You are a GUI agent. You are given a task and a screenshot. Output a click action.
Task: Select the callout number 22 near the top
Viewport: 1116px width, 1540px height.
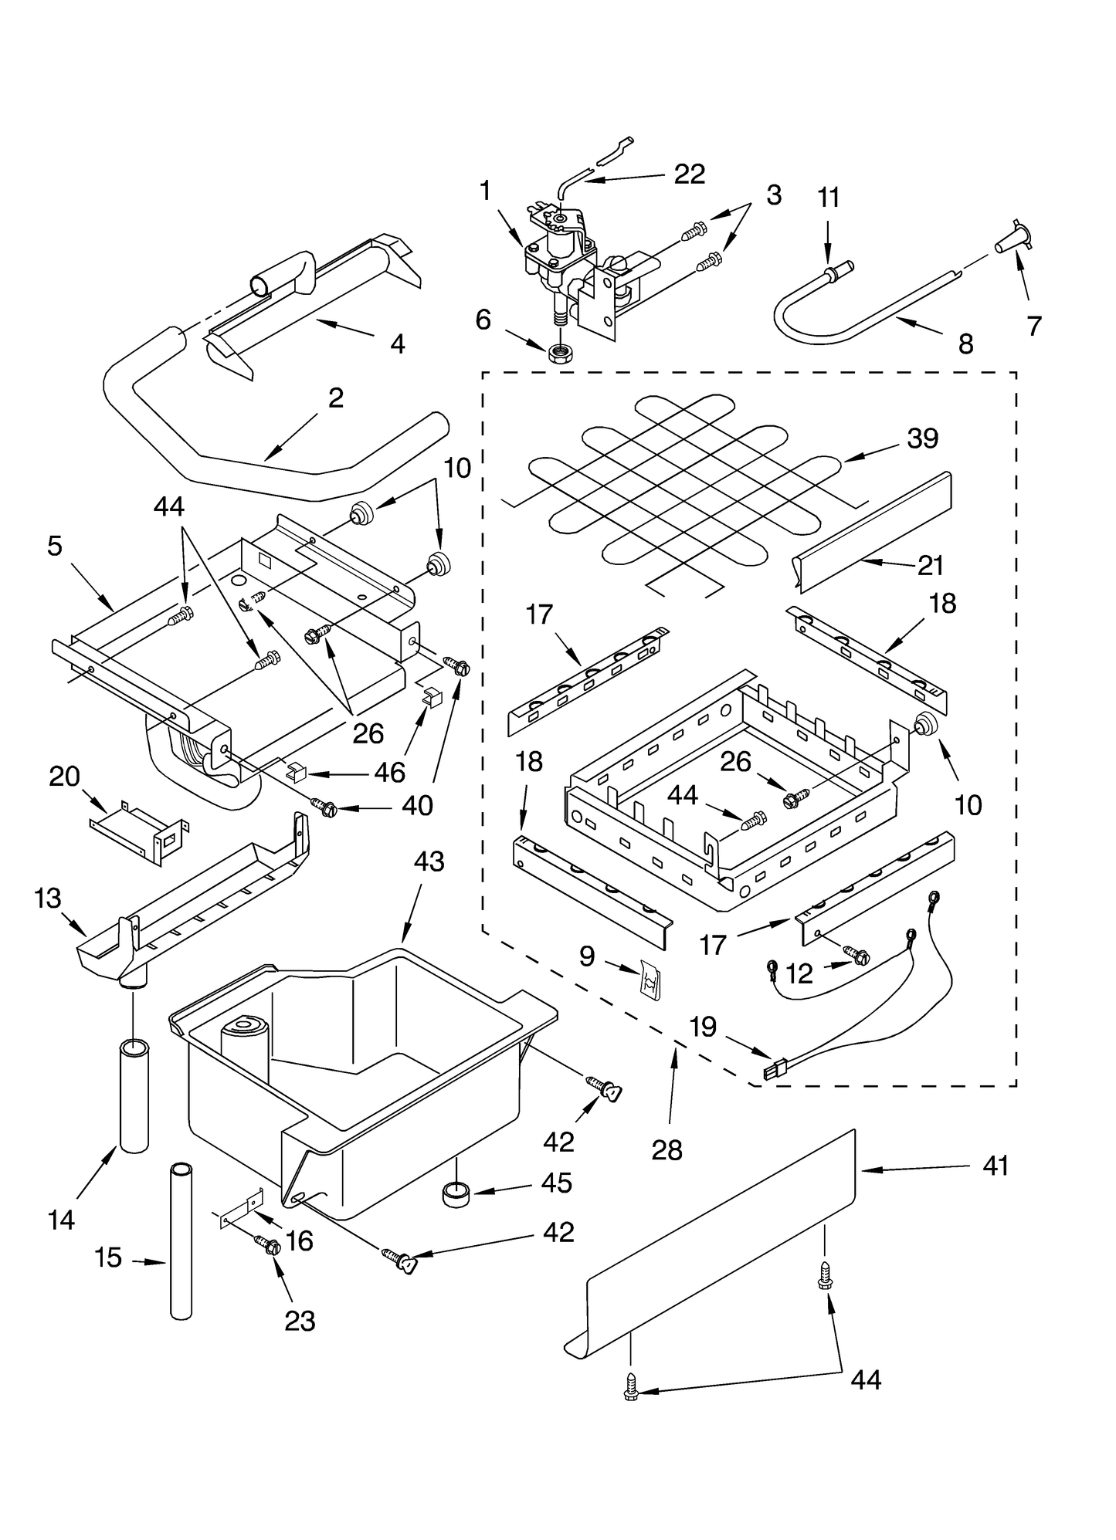pos(689,174)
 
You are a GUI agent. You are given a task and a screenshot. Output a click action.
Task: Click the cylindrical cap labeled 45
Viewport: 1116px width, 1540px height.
pos(456,1193)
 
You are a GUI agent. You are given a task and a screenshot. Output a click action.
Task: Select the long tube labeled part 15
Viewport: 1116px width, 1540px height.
pos(181,1240)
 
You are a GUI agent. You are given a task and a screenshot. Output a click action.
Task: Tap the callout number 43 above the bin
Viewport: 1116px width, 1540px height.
pos(429,861)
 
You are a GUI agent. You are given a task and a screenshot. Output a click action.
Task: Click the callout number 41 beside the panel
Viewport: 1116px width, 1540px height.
pos(996,1166)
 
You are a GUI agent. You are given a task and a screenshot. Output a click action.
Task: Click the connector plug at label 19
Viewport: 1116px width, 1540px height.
pos(770,1071)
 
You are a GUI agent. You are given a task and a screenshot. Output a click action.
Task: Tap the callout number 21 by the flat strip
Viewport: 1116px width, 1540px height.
pos(931,566)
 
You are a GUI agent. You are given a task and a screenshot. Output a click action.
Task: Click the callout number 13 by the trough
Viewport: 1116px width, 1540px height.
pos(48,899)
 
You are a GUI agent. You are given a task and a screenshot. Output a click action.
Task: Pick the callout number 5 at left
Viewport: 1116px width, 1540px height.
pos(54,546)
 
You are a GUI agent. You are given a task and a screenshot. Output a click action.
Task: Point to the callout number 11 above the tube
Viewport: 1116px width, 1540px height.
pos(828,198)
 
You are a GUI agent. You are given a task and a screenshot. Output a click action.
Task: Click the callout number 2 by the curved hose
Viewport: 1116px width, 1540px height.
pos(335,398)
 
